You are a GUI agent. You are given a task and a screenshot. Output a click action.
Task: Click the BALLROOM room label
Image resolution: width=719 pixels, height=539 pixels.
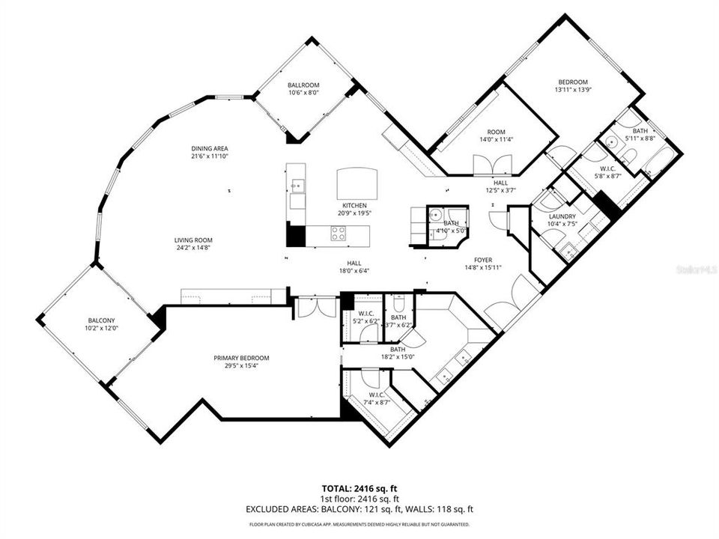(x=303, y=85)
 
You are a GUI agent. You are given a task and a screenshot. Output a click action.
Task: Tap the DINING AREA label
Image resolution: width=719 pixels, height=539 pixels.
(x=209, y=148)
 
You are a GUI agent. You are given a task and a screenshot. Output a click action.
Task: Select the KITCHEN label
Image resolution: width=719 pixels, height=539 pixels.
(x=354, y=205)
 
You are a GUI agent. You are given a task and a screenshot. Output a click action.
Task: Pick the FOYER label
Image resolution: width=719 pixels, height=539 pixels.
(x=472, y=260)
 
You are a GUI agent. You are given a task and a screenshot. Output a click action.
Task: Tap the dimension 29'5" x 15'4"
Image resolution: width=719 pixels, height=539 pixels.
(x=240, y=366)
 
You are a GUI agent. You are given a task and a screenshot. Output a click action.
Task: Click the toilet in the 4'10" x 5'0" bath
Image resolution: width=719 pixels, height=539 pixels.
(x=434, y=215)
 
